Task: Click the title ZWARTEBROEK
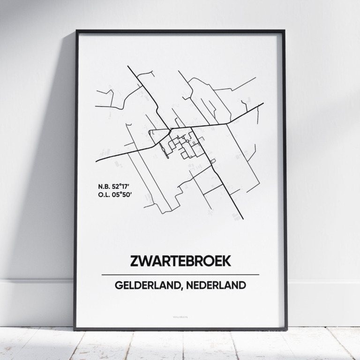[180, 261]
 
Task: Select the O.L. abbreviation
[104, 194]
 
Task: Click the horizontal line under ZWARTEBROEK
[180, 275]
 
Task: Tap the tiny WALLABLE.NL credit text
[180, 317]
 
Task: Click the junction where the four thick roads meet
[171, 127]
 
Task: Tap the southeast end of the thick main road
[243, 218]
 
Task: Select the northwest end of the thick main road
[128, 66]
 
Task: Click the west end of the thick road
[96, 161]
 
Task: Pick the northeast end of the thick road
[263, 104]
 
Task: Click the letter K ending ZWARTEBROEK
[227, 261]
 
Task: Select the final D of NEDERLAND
[242, 285]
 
